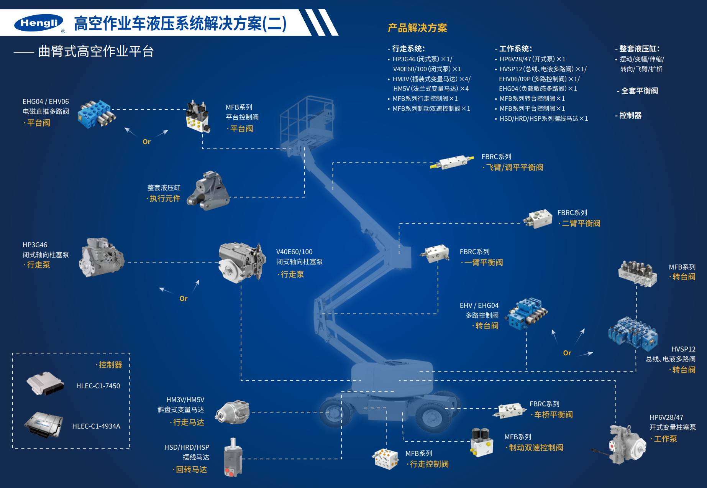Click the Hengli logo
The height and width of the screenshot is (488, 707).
tap(39, 23)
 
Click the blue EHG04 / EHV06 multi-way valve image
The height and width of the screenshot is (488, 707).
tap(96, 114)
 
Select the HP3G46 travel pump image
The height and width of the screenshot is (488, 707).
tap(101, 257)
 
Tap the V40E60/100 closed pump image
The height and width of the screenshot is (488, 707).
tap(241, 263)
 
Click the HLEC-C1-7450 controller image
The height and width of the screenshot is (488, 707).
tap(44, 383)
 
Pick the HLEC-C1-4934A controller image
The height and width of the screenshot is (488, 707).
tap(44, 424)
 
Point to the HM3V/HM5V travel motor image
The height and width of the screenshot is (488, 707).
tap(233, 412)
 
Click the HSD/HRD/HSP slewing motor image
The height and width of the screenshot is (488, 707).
tap(233, 458)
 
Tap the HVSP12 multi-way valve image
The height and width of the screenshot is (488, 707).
tap(633, 333)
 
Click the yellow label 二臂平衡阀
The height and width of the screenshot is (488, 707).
tap(581, 223)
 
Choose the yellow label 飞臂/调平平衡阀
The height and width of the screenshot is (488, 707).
tap(515, 168)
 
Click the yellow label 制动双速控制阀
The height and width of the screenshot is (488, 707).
tap(536, 448)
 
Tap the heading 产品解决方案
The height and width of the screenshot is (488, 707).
tap(417, 28)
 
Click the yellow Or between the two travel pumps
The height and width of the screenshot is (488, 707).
tap(184, 299)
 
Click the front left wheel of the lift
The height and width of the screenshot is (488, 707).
tap(336, 412)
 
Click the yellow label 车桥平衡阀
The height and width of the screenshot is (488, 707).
tap(553, 415)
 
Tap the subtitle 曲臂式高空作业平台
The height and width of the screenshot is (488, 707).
tap(96, 51)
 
